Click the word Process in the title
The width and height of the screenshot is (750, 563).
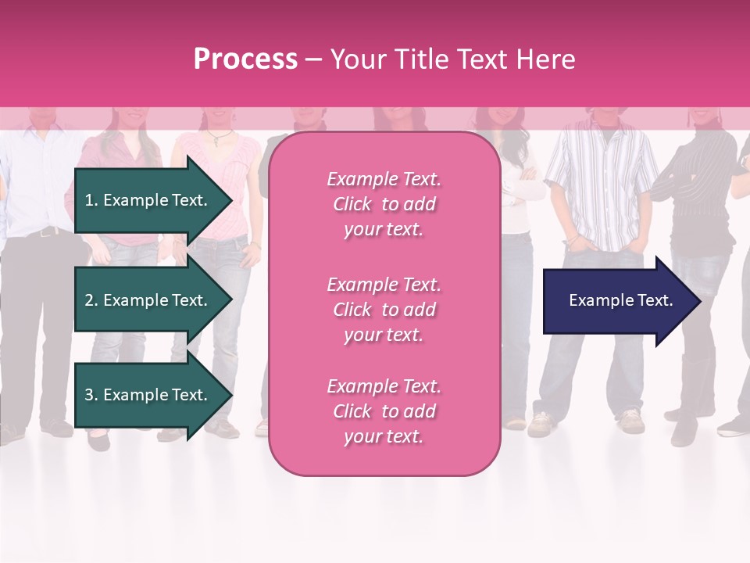[245, 59]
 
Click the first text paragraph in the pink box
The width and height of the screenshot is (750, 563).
[384, 204]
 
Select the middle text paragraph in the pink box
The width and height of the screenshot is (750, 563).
[384, 310]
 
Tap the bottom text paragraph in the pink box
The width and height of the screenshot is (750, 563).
[384, 411]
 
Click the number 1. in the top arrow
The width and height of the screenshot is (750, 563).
[91, 200]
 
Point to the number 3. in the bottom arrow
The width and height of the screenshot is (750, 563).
[91, 395]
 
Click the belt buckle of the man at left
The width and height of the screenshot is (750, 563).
[48, 231]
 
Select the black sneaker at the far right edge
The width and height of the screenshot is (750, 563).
[734, 426]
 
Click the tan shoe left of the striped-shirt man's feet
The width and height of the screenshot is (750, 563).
[541, 424]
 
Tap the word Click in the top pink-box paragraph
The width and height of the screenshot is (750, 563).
[352, 204]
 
